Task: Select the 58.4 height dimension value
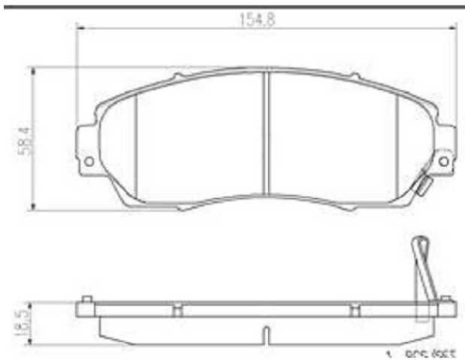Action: (26, 139)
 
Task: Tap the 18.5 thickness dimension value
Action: (25, 320)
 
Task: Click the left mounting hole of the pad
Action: (88, 161)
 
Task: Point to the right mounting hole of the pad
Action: (443, 160)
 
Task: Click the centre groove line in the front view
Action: (266, 133)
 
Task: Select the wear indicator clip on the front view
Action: (424, 183)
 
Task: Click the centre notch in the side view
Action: (265, 335)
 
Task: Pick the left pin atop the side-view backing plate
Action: (87, 299)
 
